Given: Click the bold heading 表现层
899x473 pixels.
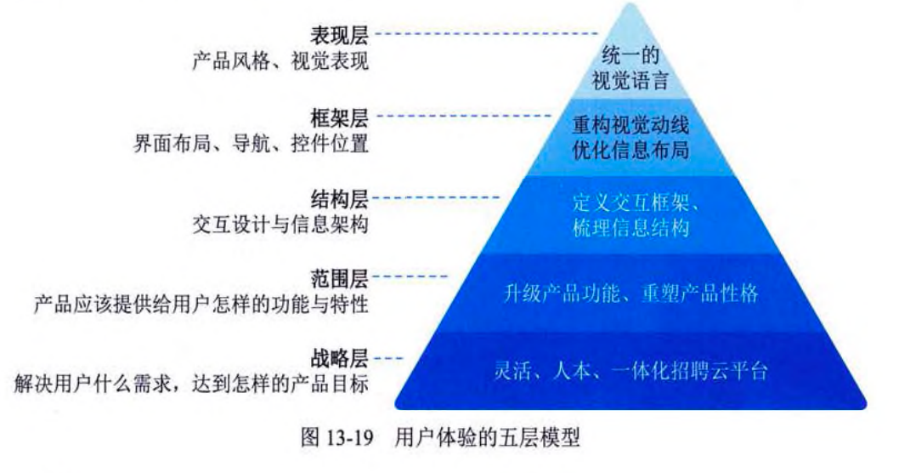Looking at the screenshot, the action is (x=341, y=35).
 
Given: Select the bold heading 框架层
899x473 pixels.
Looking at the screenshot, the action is (x=341, y=116).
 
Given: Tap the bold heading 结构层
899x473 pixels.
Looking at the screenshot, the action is (x=341, y=198).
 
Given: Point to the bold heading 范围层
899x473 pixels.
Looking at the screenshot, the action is (x=341, y=277).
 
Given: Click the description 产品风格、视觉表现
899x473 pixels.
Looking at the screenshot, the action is (x=280, y=61).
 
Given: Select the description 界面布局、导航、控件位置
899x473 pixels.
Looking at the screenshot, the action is (x=252, y=143).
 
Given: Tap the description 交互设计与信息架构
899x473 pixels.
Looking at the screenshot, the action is (x=280, y=225).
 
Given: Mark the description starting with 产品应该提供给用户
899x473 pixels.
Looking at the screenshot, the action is (x=202, y=304).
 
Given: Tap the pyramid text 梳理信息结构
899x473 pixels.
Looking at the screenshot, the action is (x=630, y=229).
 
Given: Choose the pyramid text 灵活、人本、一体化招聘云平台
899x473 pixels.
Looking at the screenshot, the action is (x=631, y=371).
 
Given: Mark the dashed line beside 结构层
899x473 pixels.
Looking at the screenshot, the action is (x=437, y=197).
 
